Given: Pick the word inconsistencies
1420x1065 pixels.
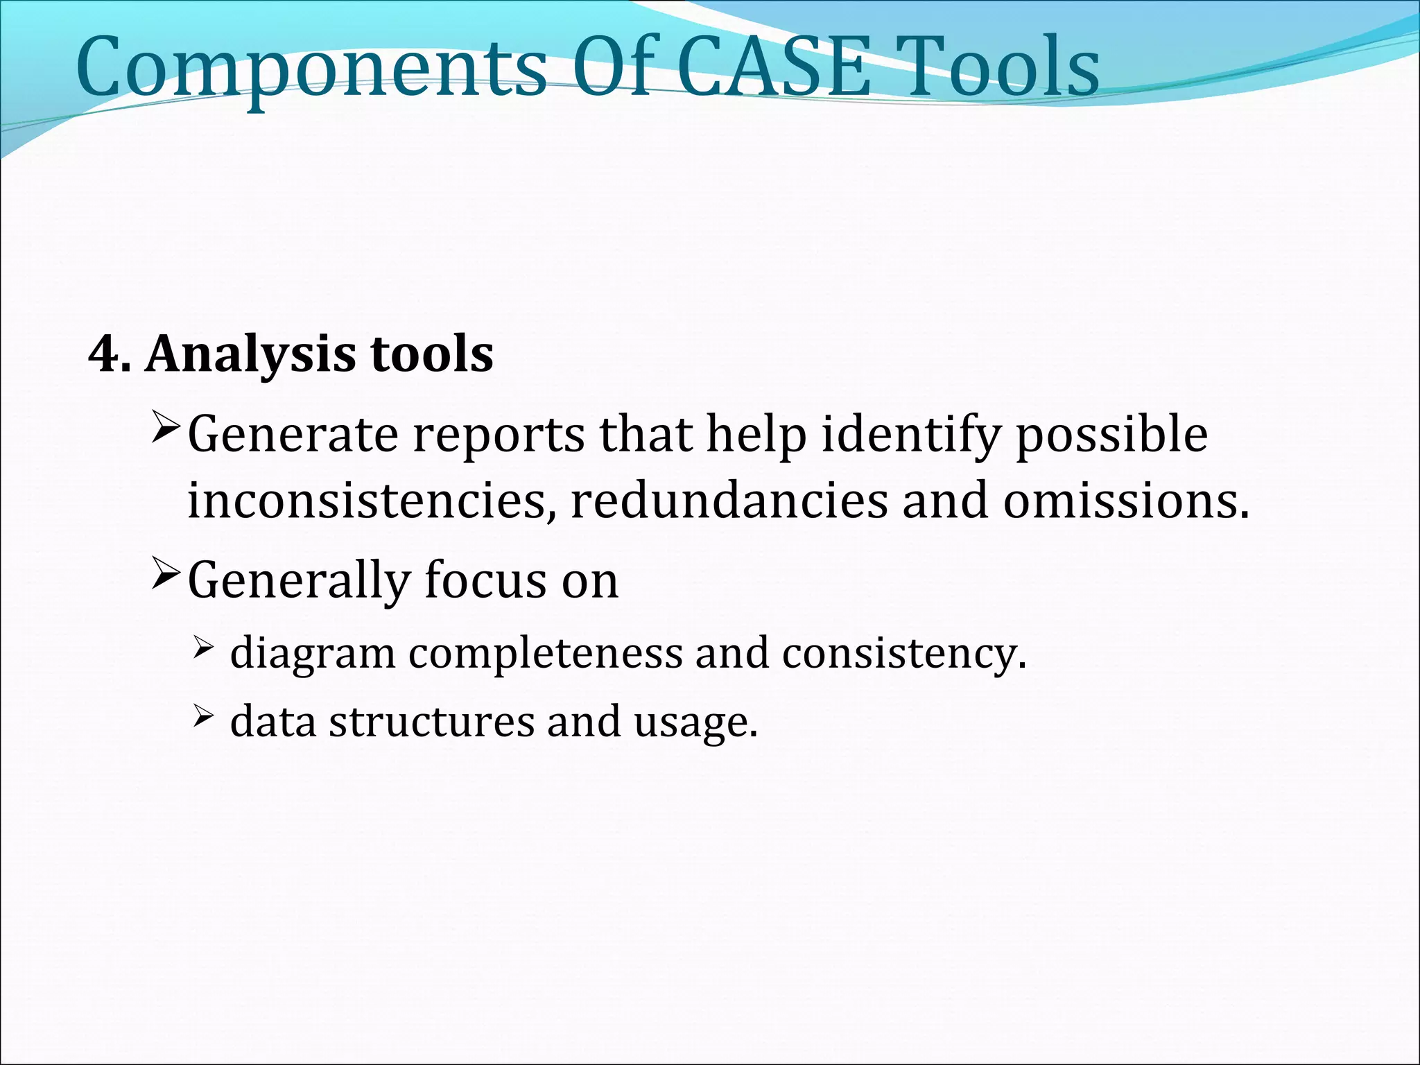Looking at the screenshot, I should coord(372,501).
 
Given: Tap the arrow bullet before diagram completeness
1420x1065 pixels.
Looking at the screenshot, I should coord(202,649).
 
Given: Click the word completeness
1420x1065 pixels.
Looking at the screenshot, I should coord(545,655).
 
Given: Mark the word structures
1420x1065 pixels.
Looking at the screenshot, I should coord(431,721).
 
